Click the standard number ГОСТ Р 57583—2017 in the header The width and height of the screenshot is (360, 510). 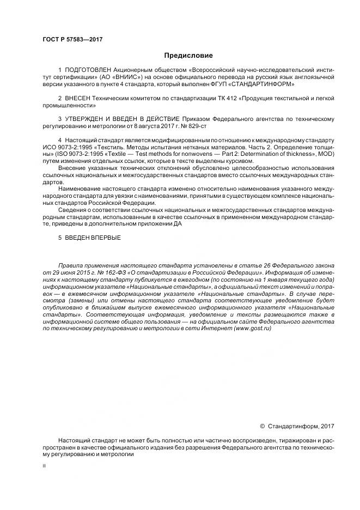click(72, 40)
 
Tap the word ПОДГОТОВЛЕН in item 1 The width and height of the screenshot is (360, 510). click(88, 71)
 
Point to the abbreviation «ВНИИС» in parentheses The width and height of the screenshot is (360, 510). click(107, 78)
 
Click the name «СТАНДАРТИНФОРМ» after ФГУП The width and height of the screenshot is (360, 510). click(266, 85)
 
